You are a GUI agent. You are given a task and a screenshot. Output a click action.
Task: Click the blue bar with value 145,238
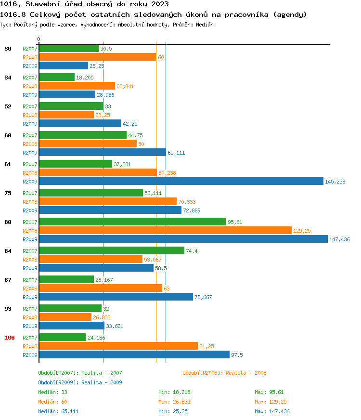pyautogui.click(x=181, y=181)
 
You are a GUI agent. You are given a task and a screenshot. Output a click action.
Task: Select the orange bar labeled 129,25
pyautogui.click(x=165, y=230)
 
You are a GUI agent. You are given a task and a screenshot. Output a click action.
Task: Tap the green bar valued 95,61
pyautogui.click(x=132, y=222)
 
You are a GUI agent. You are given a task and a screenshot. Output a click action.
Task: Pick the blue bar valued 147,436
pyautogui.click(x=183, y=239)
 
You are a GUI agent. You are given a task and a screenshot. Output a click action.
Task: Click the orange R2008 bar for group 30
pyautogui.click(x=97, y=57)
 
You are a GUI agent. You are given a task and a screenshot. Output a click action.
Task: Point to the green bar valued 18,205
pyautogui.click(x=57, y=77)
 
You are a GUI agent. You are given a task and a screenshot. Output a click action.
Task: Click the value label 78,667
pyautogui.click(x=203, y=297)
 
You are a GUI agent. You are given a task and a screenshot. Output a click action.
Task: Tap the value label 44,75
pyautogui.click(x=135, y=135)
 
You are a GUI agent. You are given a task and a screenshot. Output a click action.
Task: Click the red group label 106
pyautogui.click(x=10, y=338)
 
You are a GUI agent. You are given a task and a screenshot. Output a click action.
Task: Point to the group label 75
pyautogui.click(x=8, y=193)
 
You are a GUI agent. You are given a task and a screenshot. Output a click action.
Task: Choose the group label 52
pyautogui.click(x=8, y=106)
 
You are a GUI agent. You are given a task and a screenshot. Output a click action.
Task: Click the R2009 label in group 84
pyautogui.click(x=30, y=268)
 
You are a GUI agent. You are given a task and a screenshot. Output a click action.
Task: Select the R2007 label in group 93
pyautogui.click(x=30, y=309)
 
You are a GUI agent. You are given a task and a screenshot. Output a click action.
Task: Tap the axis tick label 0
pyautogui.click(x=39, y=39)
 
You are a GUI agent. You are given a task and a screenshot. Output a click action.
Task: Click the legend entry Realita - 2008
pyautogui.click(x=224, y=373)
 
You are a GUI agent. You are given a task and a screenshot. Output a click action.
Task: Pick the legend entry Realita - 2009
pyautogui.click(x=80, y=382)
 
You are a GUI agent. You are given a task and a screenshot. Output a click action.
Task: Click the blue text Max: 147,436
pyautogui.click(x=272, y=411)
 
